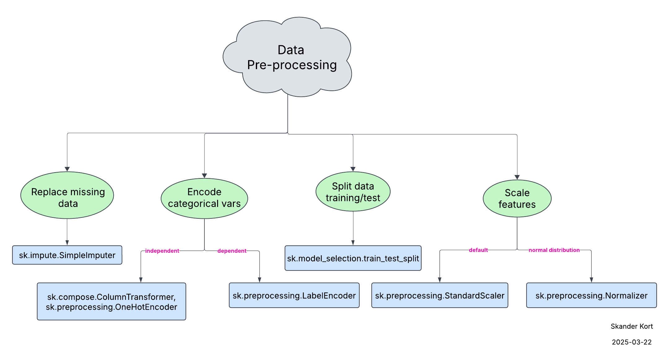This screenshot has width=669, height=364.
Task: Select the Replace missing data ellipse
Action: tap(67, 195)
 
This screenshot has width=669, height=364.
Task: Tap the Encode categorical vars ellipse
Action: tap(204, 198)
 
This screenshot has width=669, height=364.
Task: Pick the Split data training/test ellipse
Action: tap(353, 191)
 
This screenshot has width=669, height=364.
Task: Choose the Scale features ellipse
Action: tap(517, 199)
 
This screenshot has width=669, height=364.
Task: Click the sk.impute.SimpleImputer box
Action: tap(67, 255)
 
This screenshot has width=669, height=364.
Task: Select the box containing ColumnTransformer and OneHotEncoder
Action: tap(111, 301)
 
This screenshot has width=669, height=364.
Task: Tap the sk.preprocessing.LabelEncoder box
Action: tap(294, 296)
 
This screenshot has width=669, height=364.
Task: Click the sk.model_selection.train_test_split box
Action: tap(353, 258)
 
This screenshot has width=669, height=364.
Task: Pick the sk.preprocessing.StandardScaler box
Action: tap(439, 296)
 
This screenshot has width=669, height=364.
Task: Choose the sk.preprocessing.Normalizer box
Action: tap(591, 296)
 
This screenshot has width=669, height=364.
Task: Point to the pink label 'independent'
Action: tap(162, 251)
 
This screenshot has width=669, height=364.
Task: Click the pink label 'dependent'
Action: tap(232, 251)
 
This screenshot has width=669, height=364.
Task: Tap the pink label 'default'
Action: tap(478, 250)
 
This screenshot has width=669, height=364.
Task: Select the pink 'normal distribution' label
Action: tap(554, 250)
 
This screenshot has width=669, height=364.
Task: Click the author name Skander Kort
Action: tap(632, 326)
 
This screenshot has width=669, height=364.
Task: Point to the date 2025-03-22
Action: tap(632, 342)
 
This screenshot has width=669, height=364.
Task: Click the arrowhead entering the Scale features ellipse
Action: tap(517, 178)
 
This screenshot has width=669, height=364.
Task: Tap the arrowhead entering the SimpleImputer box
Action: tap(67, 243)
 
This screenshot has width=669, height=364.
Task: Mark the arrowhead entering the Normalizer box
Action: tap(591, 280)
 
